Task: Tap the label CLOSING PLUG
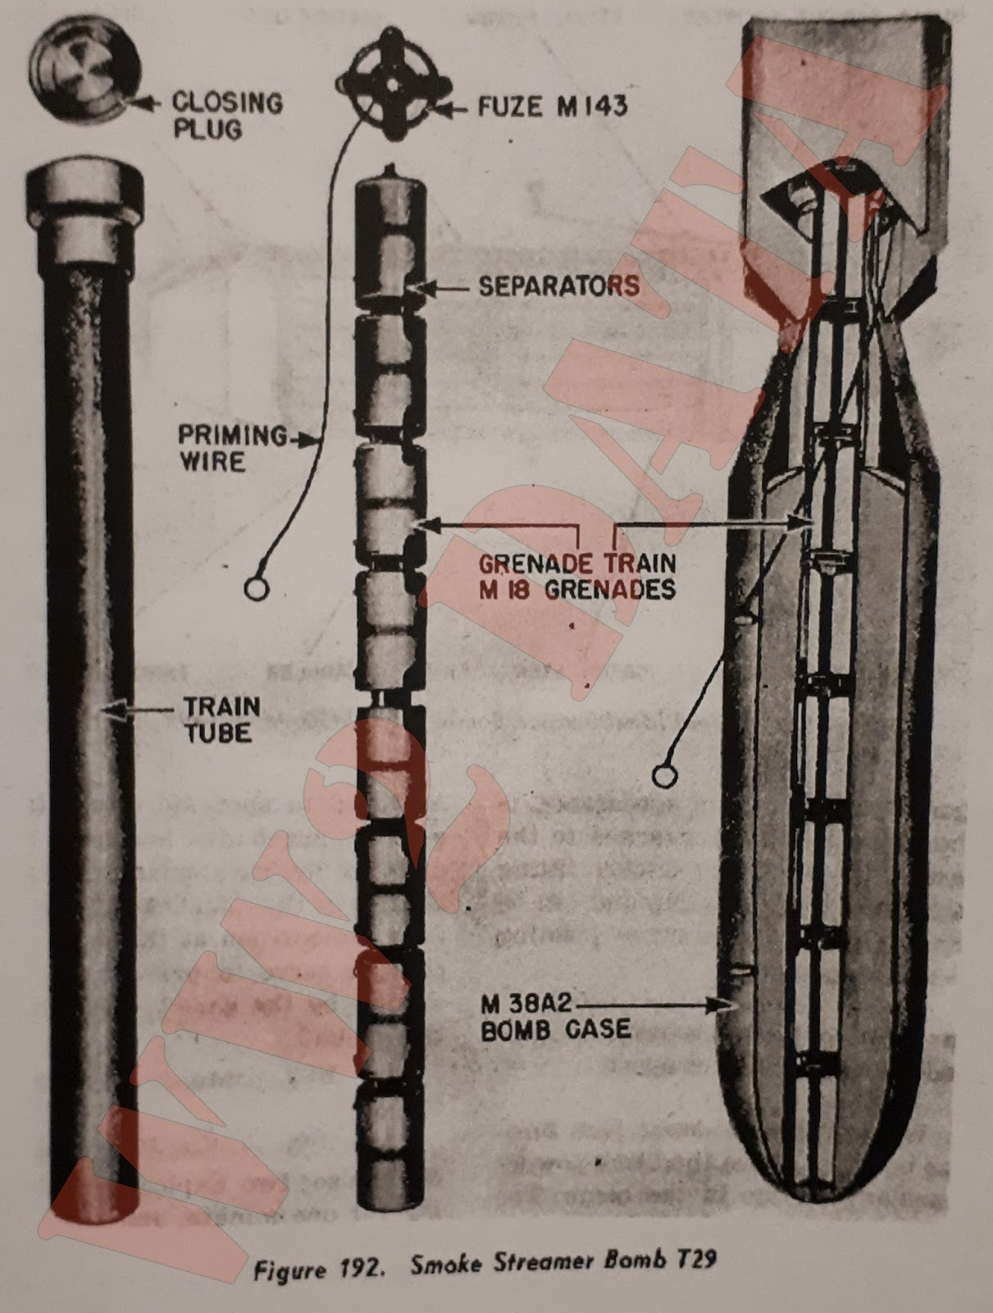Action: [226, 115]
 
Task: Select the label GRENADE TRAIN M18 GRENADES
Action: [577, 576]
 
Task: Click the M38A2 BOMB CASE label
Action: [555, 1016]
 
